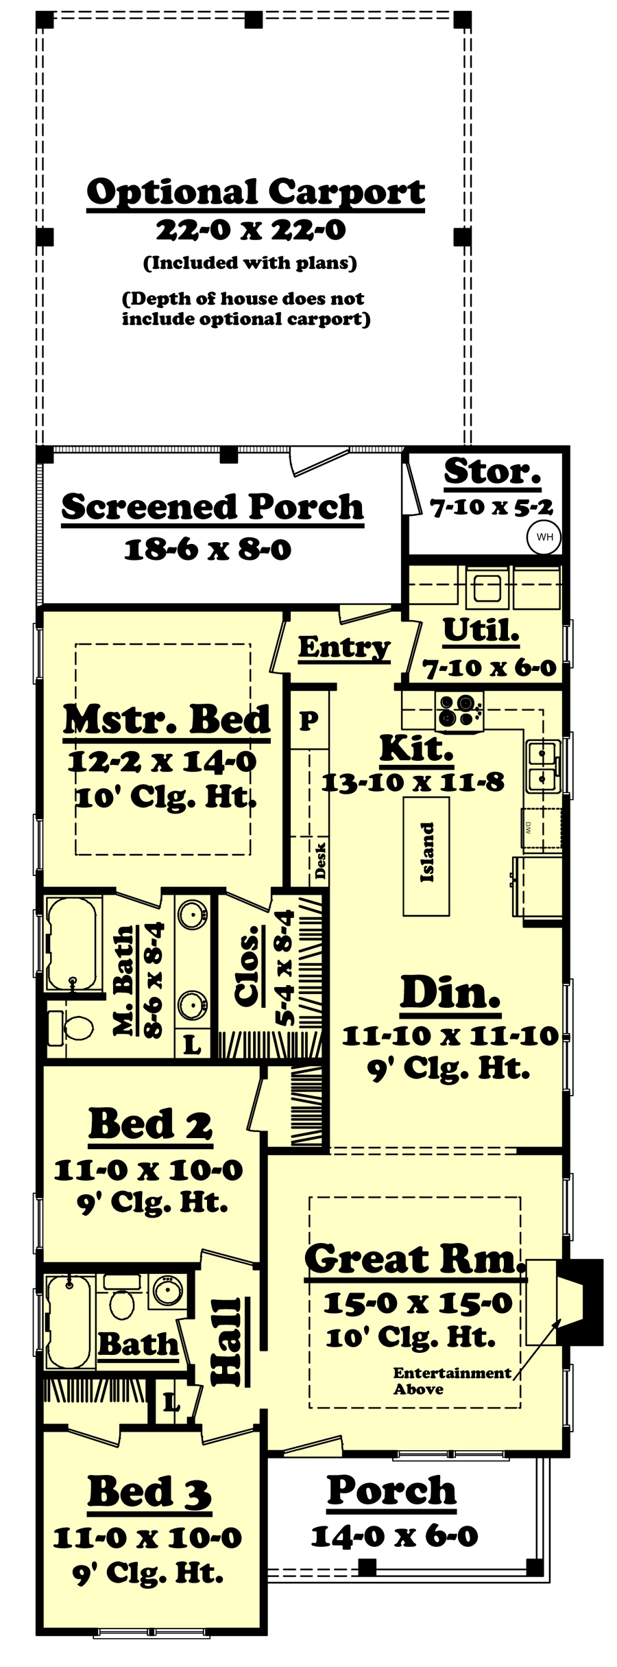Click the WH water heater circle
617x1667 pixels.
point(544,537)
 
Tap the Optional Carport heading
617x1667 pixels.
point(256,193)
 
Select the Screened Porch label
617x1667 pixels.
point(213,507)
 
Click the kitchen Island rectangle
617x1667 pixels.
point(426,858)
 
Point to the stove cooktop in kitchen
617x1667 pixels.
point(459,711)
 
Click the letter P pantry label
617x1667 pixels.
point(309,720)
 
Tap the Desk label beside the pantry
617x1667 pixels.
point(320,860)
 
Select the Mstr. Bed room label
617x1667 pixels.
point(167,720)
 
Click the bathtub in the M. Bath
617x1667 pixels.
point(71,943)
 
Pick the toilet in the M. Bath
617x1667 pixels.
point(73,1026)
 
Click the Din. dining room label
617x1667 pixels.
point(450,993)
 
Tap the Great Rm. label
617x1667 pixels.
point(414,1259)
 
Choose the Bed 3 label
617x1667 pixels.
point(149,1492)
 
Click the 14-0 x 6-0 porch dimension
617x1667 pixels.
point(394,1537)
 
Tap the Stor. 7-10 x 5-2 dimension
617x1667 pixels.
point(491,508)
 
